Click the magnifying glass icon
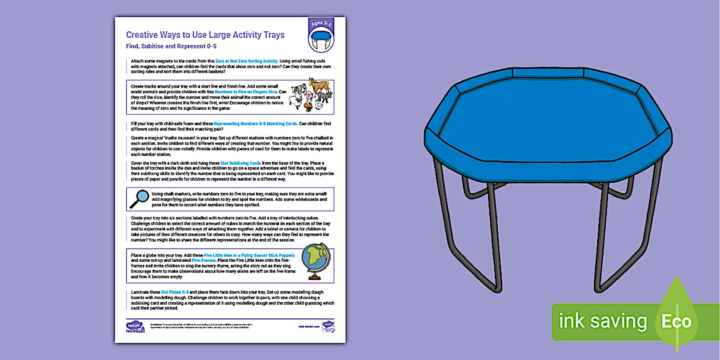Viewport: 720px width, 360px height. pyautogui.click(x=139, y=198)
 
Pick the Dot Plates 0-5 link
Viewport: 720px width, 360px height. pyautogui.click(x=174, y=291)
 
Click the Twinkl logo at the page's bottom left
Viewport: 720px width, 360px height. pyautogui.click(x=135, y=326)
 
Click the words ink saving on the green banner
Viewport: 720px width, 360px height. pyautogui.click(x=602, y=321)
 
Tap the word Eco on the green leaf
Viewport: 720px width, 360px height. pyautogui.click(x=676, y=321)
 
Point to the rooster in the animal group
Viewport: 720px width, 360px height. pyautogui.click(x=309, y=105)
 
